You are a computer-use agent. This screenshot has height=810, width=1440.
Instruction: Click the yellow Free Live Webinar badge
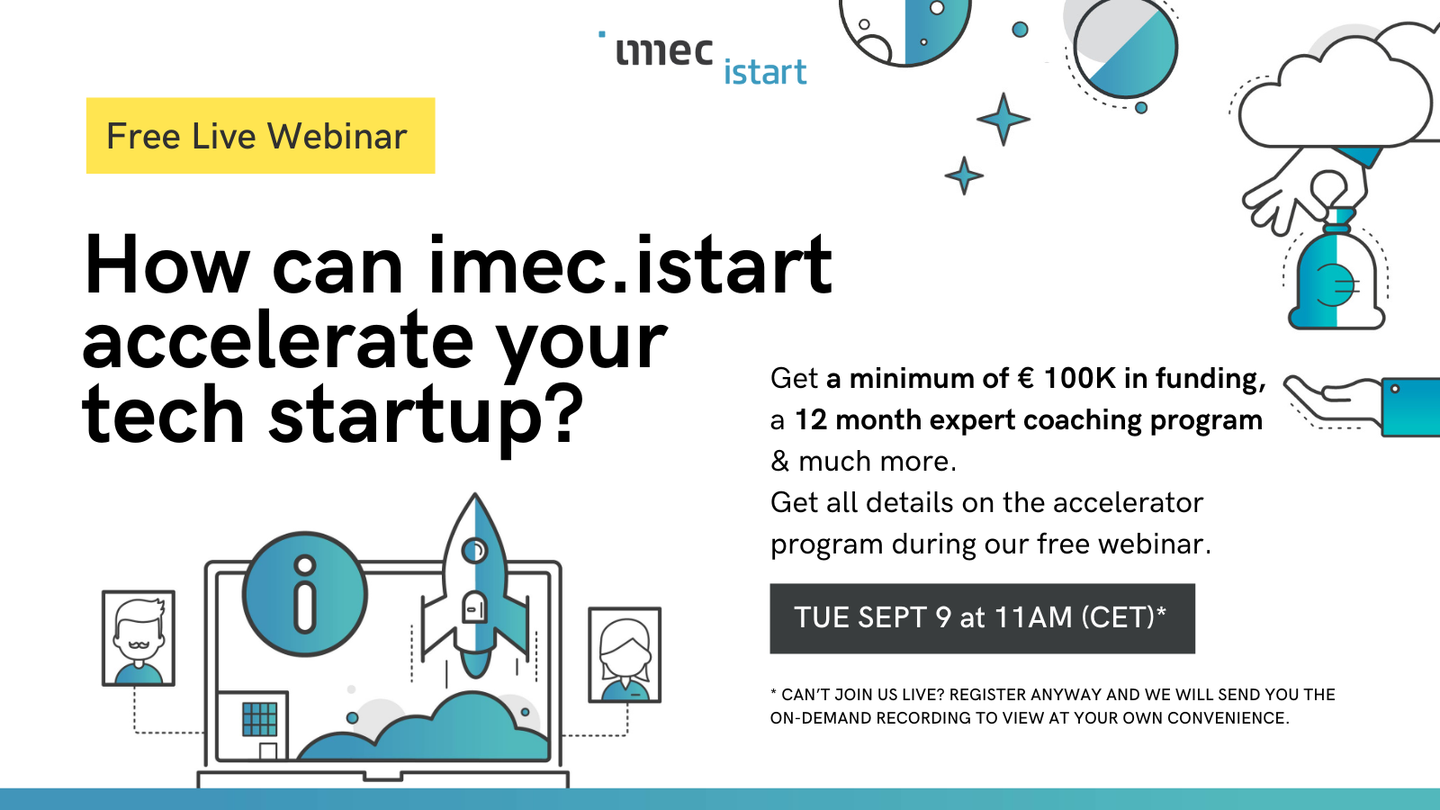[260, 136]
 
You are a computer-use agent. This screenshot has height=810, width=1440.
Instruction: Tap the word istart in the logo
[765, 72]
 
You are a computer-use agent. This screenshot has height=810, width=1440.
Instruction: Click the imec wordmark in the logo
[664, 51]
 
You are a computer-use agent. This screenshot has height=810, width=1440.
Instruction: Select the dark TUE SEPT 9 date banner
[982, 618]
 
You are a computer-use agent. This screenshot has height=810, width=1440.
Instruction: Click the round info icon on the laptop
[305, 594]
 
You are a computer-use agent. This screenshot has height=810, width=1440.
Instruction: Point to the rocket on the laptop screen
[475, 586]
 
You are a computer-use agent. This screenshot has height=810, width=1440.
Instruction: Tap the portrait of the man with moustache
[139, 638]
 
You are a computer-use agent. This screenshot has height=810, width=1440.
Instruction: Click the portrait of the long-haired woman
[625, 654]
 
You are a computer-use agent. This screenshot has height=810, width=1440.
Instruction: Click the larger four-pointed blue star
[1003, 119]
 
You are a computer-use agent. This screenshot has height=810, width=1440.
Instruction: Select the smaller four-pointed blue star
[964, 175]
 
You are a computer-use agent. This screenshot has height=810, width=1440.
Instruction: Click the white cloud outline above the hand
[1337, 90]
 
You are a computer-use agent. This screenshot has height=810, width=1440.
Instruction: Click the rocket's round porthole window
[475, 550]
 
